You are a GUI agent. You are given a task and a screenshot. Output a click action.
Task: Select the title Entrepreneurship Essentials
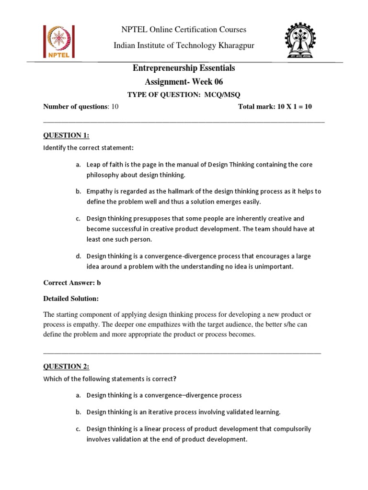184,68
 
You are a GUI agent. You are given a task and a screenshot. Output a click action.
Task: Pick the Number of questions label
76,107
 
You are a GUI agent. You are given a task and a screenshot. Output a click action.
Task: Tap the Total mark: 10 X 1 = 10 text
275,107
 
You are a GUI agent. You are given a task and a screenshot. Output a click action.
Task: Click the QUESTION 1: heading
66,135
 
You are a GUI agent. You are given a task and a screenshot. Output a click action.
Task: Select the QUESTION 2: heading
66,367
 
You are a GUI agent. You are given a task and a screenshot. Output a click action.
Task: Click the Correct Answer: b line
72,283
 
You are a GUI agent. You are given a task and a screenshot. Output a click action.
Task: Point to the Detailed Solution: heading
71,299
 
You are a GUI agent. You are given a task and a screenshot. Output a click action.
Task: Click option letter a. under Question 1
78,165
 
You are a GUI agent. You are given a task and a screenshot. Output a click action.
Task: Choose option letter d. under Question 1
78,256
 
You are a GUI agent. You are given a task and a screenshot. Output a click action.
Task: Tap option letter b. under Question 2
78,412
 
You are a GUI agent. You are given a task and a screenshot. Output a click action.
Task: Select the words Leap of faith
104,165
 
